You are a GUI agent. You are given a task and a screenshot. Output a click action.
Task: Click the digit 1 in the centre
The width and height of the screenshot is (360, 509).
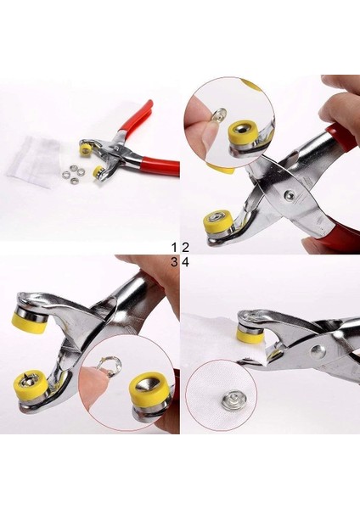[x=174, y=247]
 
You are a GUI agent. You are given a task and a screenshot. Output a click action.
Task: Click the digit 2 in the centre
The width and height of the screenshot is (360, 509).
[x=184, y=247]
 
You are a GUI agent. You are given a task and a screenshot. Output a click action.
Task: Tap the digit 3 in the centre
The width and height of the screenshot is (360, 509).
[x=174, y=262]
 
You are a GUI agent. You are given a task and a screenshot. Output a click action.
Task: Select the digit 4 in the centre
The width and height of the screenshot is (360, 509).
[x=184, y=262]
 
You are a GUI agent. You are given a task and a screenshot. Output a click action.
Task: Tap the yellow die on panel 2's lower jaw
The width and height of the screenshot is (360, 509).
[x=216, y=225]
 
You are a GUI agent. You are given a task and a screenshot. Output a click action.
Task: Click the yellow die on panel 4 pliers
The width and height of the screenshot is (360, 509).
[x=248, y=333]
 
